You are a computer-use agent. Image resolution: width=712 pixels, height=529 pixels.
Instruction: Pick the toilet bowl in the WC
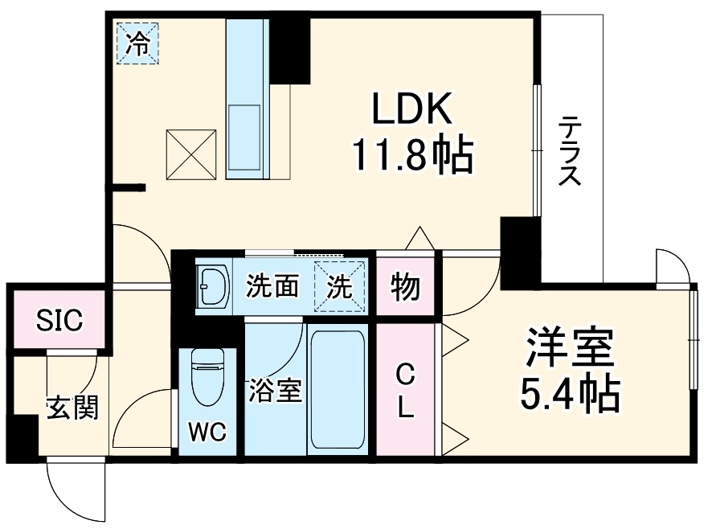pyautogui.click(x=207, y=378)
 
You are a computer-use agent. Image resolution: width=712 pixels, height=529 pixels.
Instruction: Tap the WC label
pyautogui.click(x=207, y=433)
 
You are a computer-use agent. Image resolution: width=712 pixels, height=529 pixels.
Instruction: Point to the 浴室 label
pyautogui.click(x=275, y=392)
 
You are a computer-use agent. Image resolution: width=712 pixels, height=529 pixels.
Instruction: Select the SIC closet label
pyautogui.click(x=58, y=321)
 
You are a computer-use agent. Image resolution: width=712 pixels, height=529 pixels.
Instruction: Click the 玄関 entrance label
pyautogui.click(x=72, y=408)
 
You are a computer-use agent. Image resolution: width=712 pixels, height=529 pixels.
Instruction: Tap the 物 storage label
pyautogui.click(x=406, y=286)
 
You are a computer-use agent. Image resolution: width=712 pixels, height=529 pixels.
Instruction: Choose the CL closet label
pyautogui.click(x=406, y=392)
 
